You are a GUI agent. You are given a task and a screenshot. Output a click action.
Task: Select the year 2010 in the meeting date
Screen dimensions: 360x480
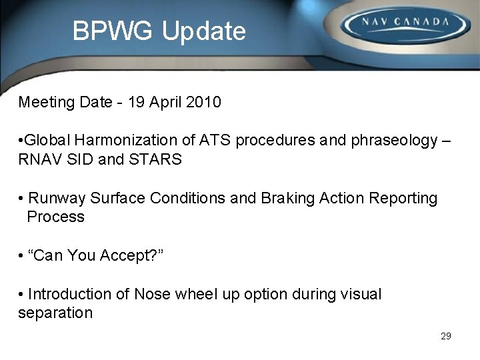(x=204, y=103)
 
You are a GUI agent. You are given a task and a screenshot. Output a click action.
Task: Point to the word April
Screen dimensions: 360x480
(x=167, y=103)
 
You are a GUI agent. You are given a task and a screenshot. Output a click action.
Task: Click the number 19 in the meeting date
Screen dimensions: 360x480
(x=137, y=103)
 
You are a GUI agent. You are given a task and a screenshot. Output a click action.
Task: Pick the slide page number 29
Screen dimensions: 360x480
(x=446, y=336)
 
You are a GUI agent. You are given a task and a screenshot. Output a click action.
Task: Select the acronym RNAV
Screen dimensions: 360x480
(x=39, y=160)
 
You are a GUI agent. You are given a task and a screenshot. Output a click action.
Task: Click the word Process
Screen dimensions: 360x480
(x=56, y=217)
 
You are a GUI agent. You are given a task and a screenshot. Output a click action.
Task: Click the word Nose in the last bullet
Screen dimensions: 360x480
(x=153, y=295)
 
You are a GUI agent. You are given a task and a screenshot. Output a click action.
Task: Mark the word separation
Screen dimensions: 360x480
(x=55, y=313)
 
